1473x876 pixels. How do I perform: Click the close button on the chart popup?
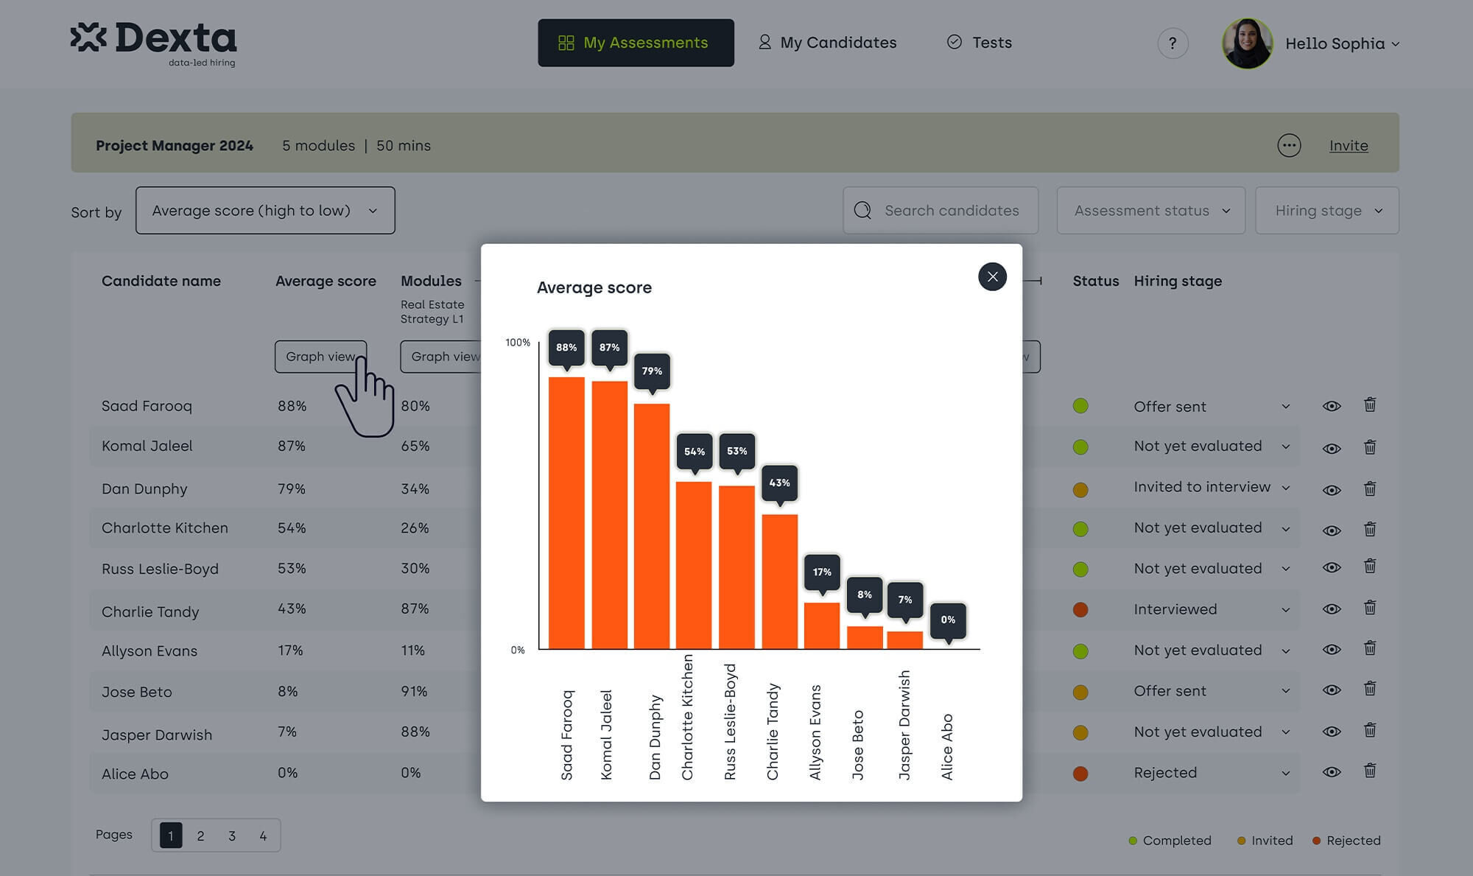(x=992, y=276)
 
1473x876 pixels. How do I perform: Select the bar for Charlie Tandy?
(x=779, y=581)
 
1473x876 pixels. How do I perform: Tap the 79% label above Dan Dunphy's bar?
(x=652, y=371)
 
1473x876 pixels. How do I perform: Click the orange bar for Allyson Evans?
(x=822, y=626)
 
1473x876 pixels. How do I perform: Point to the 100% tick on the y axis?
(x=518, y=343)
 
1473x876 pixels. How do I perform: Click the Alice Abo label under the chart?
(x=947, y=746)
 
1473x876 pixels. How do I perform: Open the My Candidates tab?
(x=828, y=43)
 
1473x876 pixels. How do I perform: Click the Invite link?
(x=1349, y=146)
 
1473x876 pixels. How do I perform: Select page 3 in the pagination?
(x=232, y=835)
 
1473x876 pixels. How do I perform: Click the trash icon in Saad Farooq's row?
(x=1370, y=404)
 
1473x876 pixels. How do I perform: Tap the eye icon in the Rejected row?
(x=1332, y=772)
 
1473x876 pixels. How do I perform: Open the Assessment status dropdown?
(x=1150, y=211)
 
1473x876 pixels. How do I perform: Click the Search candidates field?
(x=941, y=211)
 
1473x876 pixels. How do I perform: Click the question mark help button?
(x=1173, y=43)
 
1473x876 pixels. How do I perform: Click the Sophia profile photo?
(x=1248, y=43)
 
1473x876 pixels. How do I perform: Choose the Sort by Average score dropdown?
(x=265, y=211)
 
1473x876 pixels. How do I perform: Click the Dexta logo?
(x=154, y=43)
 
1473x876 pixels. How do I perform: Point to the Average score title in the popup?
(x=594, y=287)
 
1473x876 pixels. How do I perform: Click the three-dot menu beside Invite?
(x=1289, y=145)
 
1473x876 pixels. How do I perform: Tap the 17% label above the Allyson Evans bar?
(x=822, y=572)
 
